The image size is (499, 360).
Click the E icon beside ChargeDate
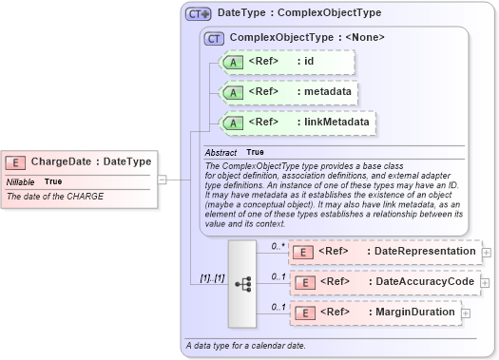coord(16,161)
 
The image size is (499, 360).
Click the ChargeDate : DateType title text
coord(90,161)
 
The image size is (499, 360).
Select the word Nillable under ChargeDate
coord(22,180)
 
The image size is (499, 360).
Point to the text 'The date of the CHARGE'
coord(55,197)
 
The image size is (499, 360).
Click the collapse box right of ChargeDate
coord(163,179)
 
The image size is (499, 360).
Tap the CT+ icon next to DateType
coord(198,13)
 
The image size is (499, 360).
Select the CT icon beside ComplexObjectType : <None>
coord(215,39)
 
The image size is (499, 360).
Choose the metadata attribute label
coord(323,92)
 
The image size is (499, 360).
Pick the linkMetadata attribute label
coord(333,122)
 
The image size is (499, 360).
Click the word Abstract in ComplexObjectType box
coord(221,152)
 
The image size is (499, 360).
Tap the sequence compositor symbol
coord(242,282)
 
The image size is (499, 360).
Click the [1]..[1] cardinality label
coord(210,276)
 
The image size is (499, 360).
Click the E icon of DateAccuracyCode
coord(302,282)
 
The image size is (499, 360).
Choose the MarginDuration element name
coord(413,312)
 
